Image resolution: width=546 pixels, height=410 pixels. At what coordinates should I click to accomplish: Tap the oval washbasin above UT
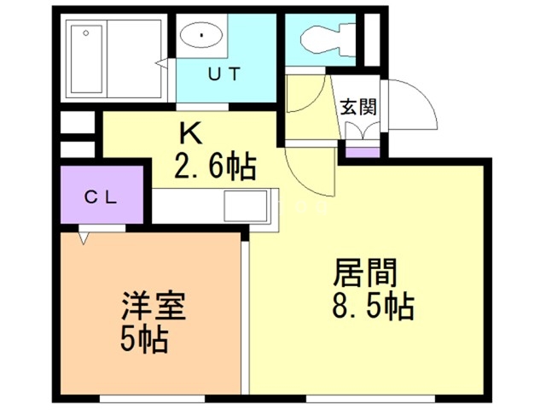[x=201, y=37]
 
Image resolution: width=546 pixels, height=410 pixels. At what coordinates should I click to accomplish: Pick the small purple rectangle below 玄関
[x=360, y=153]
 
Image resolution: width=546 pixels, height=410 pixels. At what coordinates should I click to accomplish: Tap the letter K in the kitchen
[x=189, y=133]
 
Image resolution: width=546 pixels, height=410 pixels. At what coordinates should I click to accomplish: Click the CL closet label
[x=101, y=196]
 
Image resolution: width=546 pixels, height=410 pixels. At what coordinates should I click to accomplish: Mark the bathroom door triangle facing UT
[x=161, y=61]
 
